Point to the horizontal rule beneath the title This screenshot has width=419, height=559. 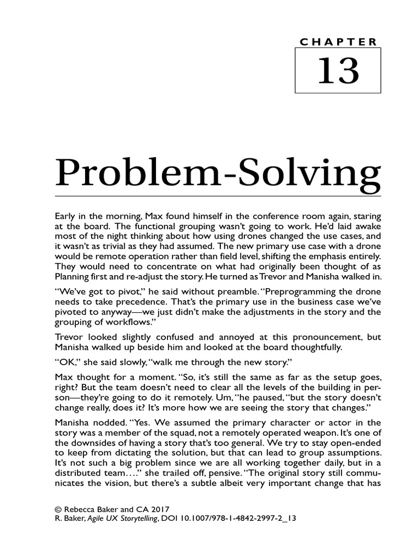pyautogui.click(x=218, y=196)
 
